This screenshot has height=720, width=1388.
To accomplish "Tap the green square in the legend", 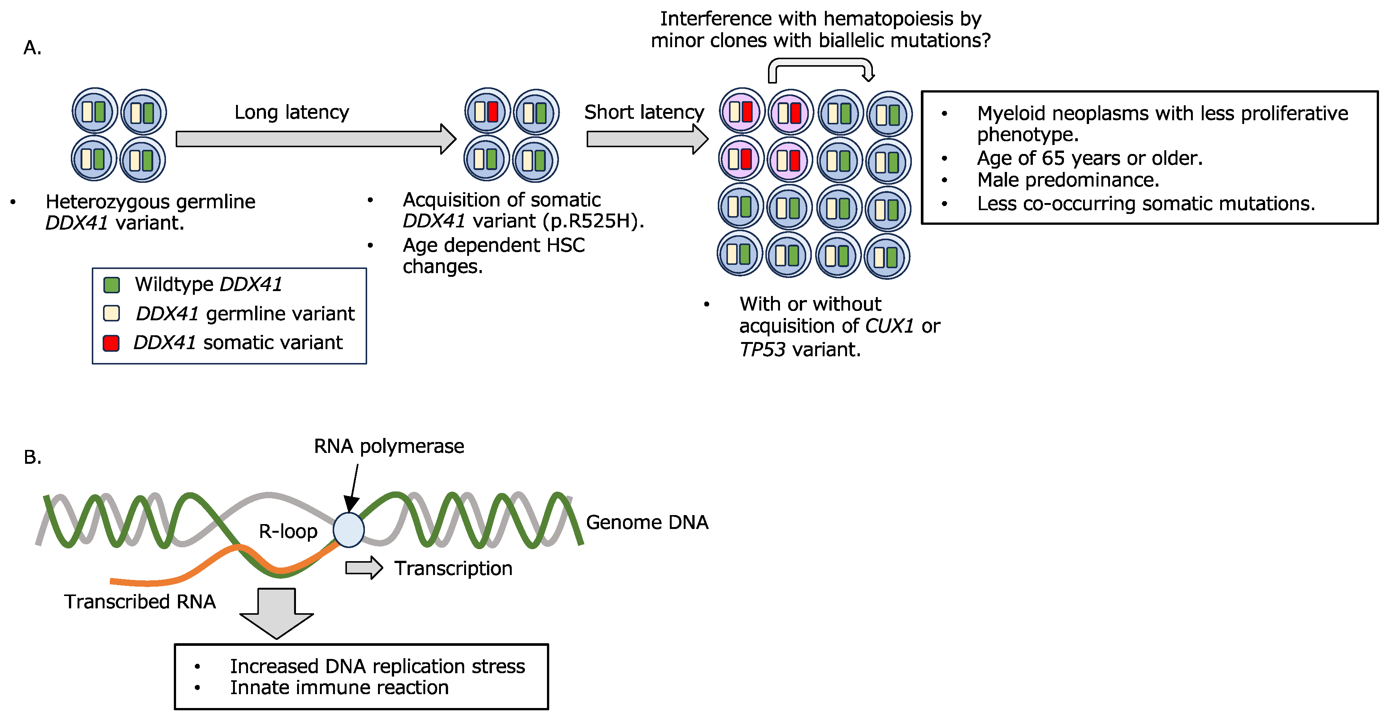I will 112,285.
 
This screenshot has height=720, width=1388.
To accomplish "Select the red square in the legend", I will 111,343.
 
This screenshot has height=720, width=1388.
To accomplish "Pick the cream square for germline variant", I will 112,314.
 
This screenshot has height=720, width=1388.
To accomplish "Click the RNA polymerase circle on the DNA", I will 349,530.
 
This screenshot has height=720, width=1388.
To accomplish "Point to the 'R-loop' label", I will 288,531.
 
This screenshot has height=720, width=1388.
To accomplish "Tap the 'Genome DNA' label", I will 647,522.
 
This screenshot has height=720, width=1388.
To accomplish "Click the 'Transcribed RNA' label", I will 140,602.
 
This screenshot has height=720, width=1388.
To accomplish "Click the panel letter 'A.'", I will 32,48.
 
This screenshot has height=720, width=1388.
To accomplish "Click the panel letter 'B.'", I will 32,457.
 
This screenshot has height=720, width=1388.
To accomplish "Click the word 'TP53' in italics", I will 762,350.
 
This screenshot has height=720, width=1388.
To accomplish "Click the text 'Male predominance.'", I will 1068,180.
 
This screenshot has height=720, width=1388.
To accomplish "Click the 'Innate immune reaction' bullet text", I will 339,688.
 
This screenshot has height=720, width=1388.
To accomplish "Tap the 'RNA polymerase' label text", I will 388,446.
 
